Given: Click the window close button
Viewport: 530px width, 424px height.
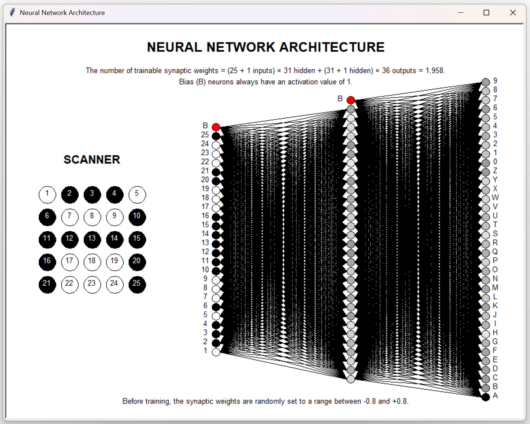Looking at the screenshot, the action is coord(513,13).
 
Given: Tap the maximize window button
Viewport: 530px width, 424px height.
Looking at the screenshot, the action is coord(486,13).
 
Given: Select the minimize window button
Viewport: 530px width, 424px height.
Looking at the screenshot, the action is coord(460,13).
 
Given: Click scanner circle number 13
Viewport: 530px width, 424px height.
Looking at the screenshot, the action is coord(92,239).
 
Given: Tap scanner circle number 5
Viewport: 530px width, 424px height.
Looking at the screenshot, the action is coord(137,195).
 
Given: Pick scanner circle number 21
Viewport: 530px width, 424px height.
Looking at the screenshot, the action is coord(47,285).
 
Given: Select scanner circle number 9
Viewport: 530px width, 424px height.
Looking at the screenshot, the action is coord(115,217).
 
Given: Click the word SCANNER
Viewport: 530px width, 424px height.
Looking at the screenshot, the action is coord(92,159).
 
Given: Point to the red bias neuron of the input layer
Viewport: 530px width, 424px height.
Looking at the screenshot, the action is coord(216,127).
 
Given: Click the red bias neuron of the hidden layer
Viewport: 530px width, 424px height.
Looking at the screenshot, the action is coord(351,100).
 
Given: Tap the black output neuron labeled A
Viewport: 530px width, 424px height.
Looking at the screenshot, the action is coord(486,397).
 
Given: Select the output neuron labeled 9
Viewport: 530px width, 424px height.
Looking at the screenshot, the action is coord(486,82).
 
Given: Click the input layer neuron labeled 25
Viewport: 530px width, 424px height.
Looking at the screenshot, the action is coord(216,136).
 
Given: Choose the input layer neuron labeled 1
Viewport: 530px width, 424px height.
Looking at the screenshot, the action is coord(216,352).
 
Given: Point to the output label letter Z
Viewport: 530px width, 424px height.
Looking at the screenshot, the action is coord(495,171).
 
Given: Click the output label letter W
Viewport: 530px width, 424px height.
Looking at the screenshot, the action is coord(495,198).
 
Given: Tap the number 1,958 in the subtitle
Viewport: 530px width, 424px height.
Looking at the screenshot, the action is coord(435,71).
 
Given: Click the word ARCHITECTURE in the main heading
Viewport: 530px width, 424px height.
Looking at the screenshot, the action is coord(332,47).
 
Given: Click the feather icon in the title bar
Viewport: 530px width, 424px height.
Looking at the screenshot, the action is coord(12,12).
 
